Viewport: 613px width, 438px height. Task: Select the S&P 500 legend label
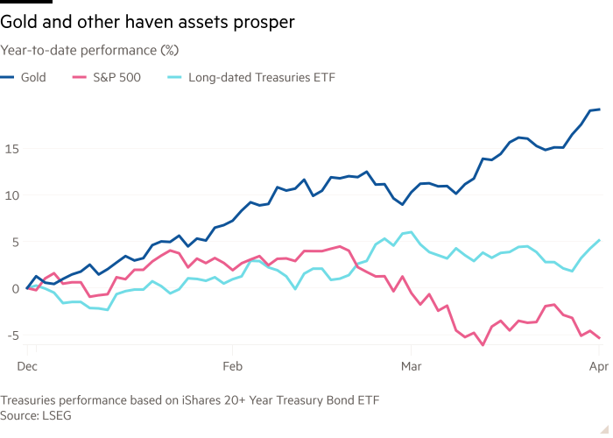tap(116, 77)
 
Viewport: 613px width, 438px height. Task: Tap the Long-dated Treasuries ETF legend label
tap(262, 77)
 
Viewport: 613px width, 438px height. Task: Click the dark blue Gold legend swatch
tap(9, 77)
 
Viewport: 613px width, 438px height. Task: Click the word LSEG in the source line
tap(56, 414)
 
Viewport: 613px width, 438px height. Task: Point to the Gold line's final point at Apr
tap(599, 109)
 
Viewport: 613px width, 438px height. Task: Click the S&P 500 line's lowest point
tap(482, 345)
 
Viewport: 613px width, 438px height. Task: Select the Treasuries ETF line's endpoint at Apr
tap(600, 239)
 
